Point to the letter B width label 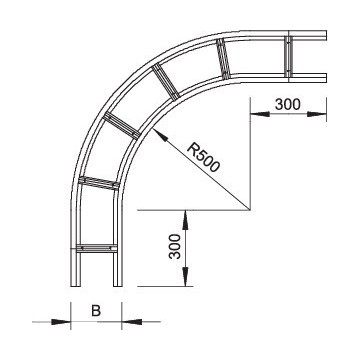(x=96, y=311)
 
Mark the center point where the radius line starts (x=248, y=210)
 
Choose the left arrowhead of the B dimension (x=65, y=322)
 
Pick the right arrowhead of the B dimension (x=128, y=322)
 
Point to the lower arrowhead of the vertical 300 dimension (x=185, y=281)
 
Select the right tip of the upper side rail (x=326, y=37)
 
